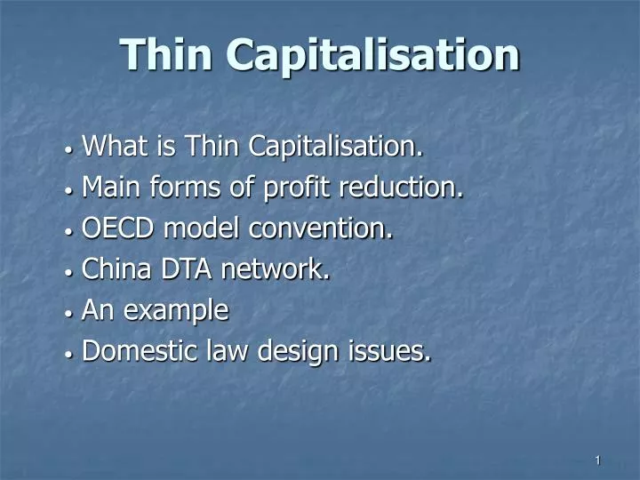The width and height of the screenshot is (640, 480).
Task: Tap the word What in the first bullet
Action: click(x=112, y=146)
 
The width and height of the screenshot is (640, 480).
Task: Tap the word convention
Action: click(x=321, y=229)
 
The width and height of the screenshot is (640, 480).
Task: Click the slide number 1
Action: click(x=598, y=460)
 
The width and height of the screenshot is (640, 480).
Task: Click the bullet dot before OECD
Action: click(x=69, y=230)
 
